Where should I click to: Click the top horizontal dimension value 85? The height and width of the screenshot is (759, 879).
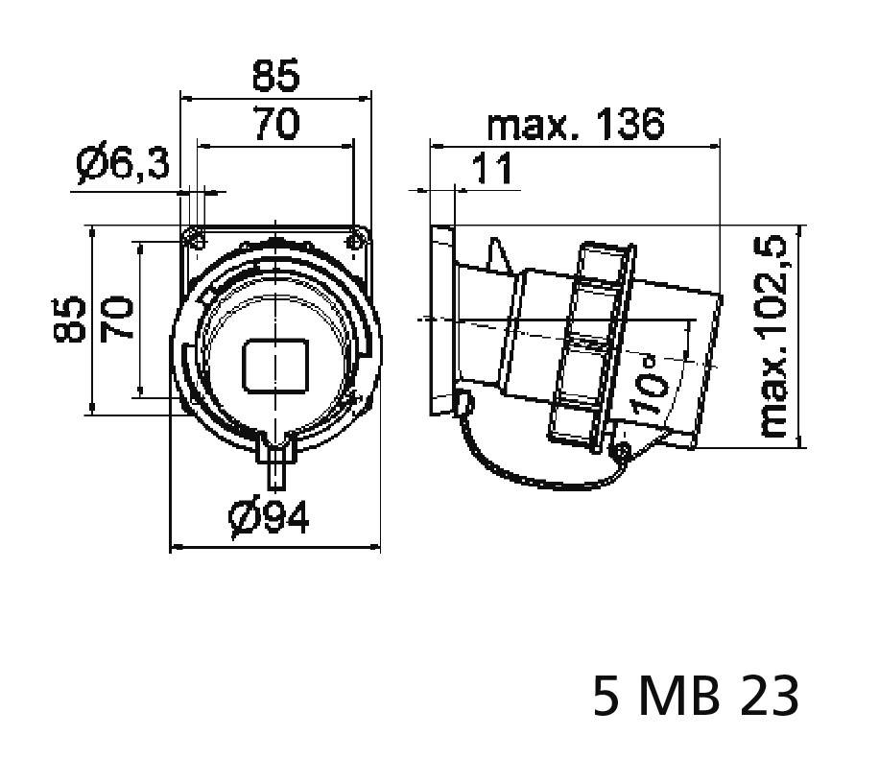[x=275, y=75]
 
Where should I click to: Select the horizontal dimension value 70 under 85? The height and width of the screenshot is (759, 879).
[x=275, y=125]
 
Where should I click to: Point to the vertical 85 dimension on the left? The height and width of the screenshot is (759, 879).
[x=70, y=320]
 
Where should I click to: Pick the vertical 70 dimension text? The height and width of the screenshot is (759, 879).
[x=117, y=320]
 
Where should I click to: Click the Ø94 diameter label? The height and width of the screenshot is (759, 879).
[x=270, y=518]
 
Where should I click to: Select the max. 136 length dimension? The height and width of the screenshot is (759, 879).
[x=574, y=125]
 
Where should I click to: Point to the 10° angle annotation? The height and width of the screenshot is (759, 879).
[x=651, y=384]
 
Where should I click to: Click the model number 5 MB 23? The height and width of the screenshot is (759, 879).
[x=696, y=697]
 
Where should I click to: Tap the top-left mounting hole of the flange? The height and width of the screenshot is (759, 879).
[x=194, y=235]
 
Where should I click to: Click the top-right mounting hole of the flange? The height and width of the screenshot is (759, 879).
[x=358, y=236]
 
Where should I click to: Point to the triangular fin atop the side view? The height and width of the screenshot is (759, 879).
[x=498, y=257]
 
